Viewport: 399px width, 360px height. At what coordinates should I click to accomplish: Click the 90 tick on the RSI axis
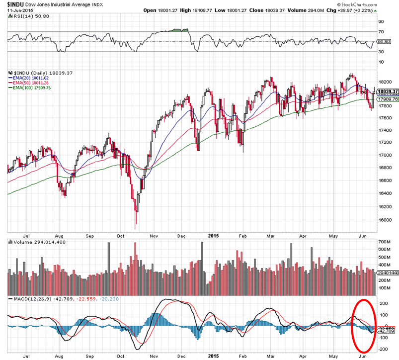pyautogui.click(x=381, y=22)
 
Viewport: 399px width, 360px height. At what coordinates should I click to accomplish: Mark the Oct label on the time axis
pyautogui.click(x=120, y=237)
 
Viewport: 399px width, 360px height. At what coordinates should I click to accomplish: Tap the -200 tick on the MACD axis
pyautogui.click(x=383, y=350)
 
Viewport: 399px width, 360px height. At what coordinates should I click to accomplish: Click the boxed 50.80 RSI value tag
pyautogui.click(x=384, y=41)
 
